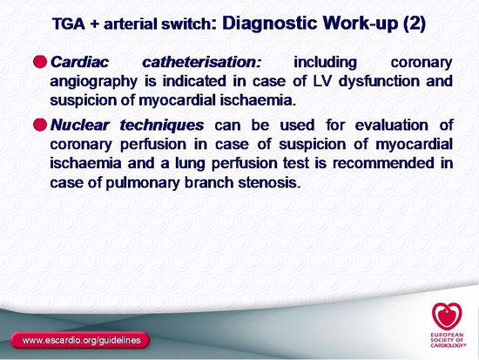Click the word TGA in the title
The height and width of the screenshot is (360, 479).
tap(69, 24)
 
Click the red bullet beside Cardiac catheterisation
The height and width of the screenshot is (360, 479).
tap(40, 62)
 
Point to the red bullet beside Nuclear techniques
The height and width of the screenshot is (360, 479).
tap(40, 125)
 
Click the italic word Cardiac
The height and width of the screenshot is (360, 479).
tap(79, 62)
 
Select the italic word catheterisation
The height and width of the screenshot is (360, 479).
tap(202, 62)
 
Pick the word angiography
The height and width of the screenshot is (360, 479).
tap(94, 82)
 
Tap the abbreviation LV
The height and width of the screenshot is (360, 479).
tap(322, 81)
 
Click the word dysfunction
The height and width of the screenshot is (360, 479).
tap(378, 82)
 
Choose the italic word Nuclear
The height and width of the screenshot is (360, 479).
tap(80, 125)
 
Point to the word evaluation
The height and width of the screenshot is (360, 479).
tap(392, 126)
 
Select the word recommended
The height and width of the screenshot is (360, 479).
tap(383, 163)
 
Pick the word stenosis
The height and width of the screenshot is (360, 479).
tap(267, 182)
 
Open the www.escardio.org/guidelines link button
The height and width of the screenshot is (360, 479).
tap(80, 340)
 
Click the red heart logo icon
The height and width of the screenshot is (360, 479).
tap(447, 316)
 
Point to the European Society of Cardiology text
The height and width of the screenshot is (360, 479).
tap(449, 340)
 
